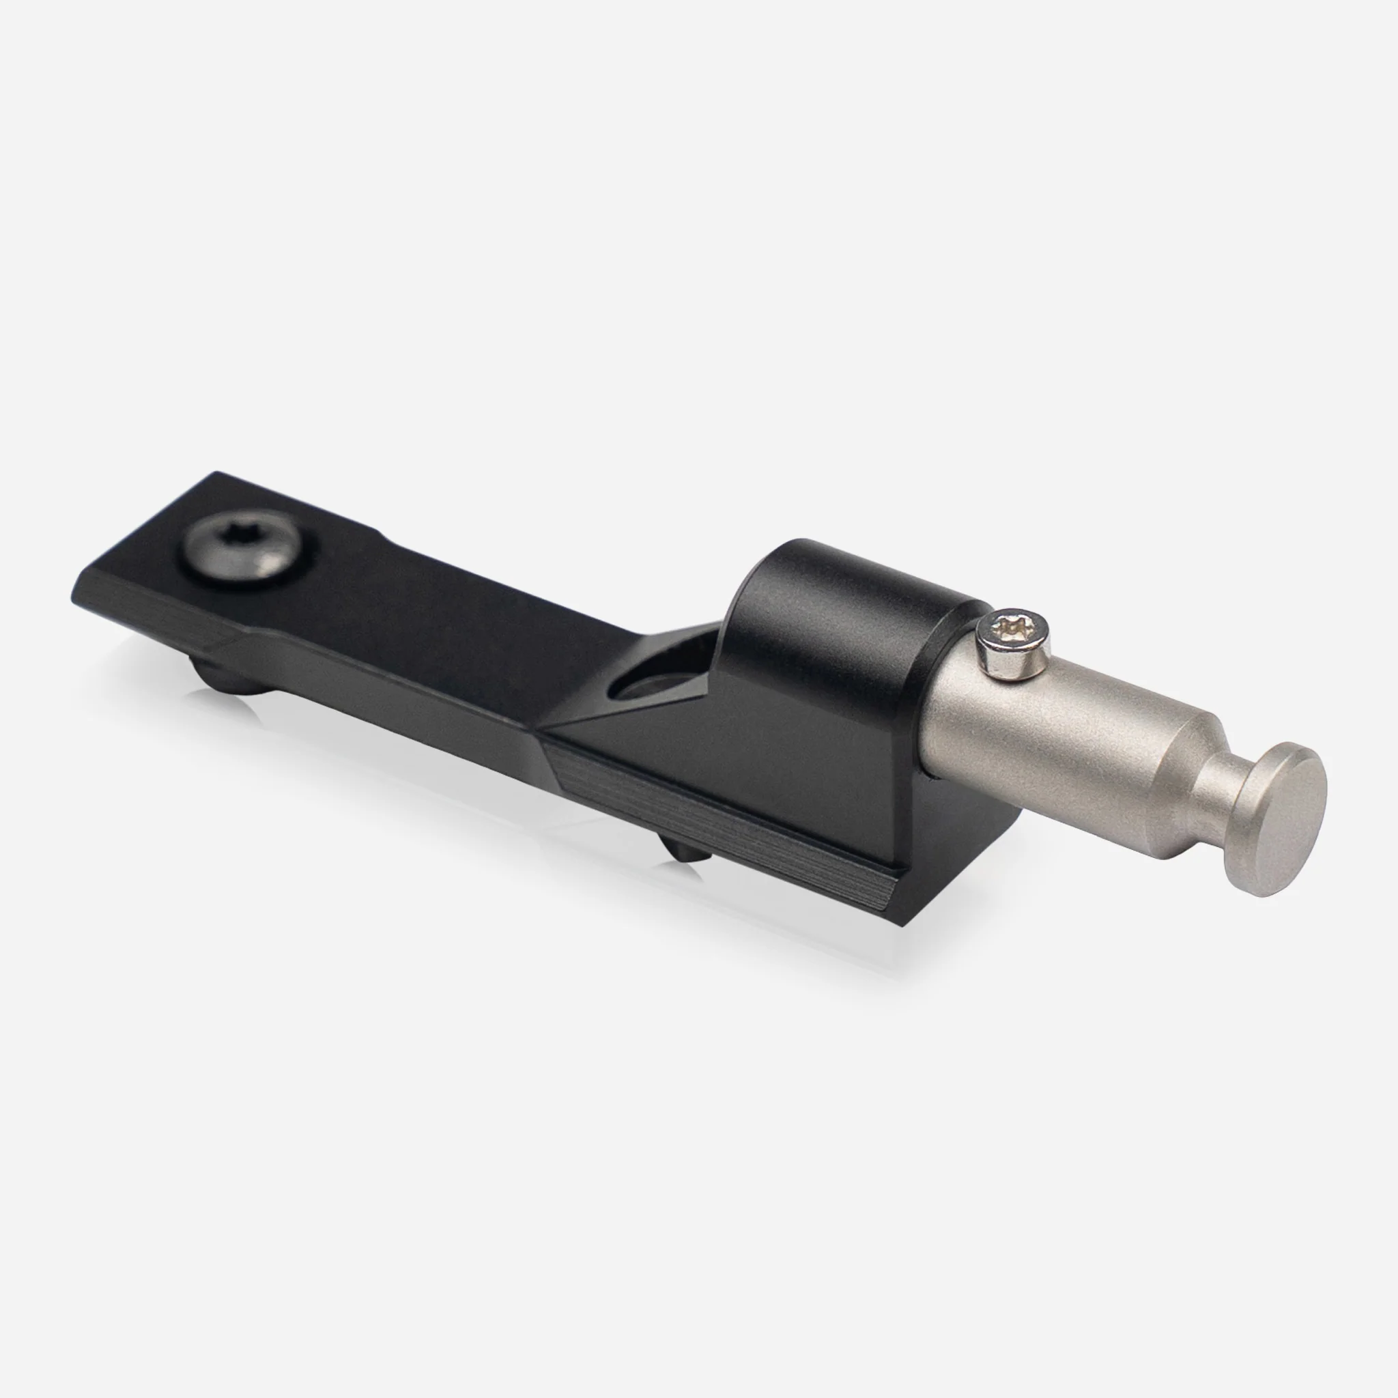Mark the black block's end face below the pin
point(962,846)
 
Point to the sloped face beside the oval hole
point(623,731)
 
